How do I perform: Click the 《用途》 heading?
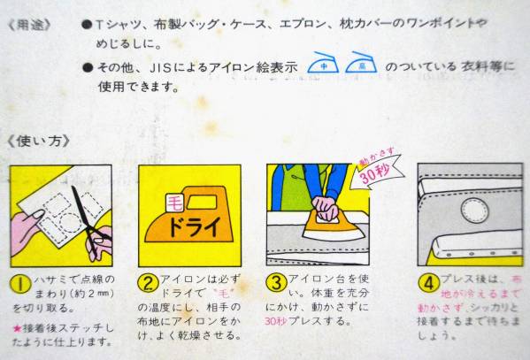pos(29,26)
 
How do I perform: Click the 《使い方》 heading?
pos(38,141)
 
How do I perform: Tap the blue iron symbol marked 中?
pos(324,63)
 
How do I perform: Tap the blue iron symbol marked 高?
pos(361,63)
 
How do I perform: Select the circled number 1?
pos(21,284)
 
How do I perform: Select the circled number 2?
pos(148,283)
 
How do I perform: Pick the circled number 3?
pos(276,282)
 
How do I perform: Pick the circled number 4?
pos(428,282)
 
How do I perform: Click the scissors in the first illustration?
pos(90,219)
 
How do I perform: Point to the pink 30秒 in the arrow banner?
pos(375,172)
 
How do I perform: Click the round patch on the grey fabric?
pos(475,211)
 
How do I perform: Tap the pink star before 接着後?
pos(17,328)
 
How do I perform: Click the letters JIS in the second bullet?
pos(160,68)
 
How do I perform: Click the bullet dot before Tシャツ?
pos(88,25)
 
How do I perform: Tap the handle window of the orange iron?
pos(202,203)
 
